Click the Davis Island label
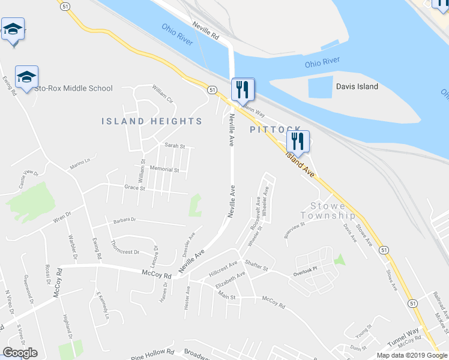point(357,86)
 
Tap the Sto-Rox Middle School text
point(73,88)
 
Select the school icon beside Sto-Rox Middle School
point(26,78)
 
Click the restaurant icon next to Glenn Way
point(243,90)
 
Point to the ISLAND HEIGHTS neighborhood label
point(151,121)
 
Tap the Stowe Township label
point(328,211)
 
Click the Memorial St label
point(164,170)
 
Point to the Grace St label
point(134,188)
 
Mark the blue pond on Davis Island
point(321,88)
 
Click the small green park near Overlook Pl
point(340,260)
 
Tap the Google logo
point(20,353)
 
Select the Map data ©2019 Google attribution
point(412,355)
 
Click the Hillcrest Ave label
point(223,267)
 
